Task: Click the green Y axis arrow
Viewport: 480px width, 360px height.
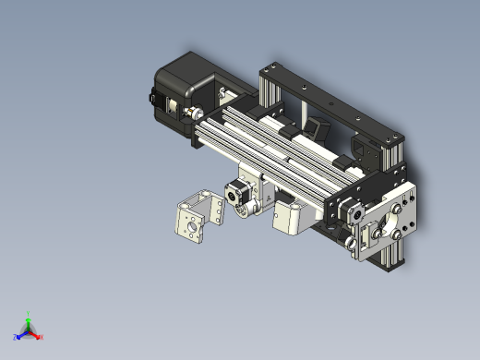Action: pos(29,318)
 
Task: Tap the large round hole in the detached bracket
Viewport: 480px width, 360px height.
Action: pos(191,223)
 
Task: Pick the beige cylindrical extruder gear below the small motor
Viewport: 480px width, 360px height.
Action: pos(246,210)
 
